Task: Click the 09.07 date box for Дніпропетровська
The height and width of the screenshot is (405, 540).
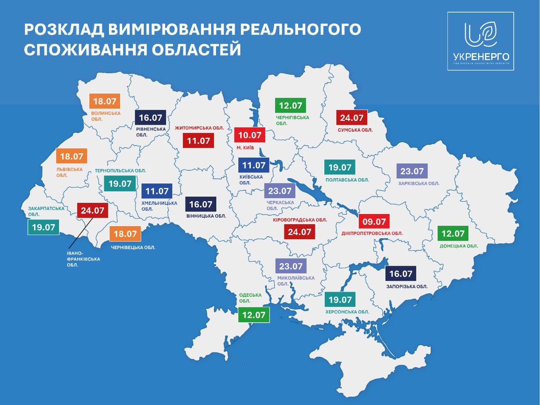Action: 374,222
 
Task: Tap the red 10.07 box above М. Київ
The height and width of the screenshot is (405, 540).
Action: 250,135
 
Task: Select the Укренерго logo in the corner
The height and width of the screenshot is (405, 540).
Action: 481,41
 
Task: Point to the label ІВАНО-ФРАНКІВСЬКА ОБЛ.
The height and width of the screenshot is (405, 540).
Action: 83,259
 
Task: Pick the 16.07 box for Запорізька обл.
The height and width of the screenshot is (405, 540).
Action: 401,274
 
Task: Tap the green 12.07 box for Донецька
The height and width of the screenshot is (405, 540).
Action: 453,234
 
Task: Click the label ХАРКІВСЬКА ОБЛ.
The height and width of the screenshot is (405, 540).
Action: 419,184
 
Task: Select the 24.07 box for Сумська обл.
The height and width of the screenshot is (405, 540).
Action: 352,118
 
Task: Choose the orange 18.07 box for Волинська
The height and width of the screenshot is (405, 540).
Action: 105,101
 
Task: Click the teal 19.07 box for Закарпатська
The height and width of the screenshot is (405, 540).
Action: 44,227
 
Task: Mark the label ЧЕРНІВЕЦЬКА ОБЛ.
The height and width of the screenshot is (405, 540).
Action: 133,247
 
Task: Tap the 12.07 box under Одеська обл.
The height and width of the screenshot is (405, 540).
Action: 254,315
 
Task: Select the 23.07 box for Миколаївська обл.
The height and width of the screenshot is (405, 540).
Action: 291,266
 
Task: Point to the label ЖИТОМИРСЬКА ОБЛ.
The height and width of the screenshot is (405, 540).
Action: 199,128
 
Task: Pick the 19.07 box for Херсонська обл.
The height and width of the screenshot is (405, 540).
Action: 340,300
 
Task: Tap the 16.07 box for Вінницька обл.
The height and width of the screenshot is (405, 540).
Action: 201,205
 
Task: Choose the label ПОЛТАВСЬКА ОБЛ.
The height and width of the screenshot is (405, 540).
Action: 347,180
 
